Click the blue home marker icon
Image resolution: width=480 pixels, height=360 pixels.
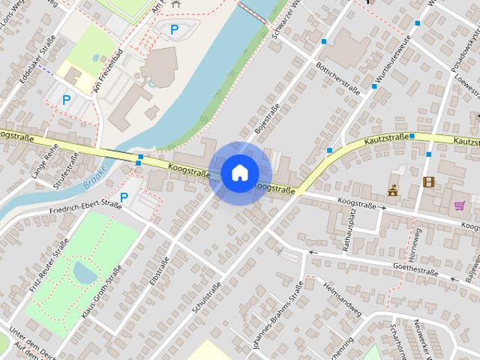click(x=239, y=173)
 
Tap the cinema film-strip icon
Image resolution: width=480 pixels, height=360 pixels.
click(x=428, y=182)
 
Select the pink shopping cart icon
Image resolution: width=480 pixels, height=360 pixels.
click(x=459, y=205)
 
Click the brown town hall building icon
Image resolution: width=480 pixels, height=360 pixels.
click(x=393, y=190)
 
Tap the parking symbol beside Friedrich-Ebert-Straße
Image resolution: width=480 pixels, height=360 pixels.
click(x=124, y=197)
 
